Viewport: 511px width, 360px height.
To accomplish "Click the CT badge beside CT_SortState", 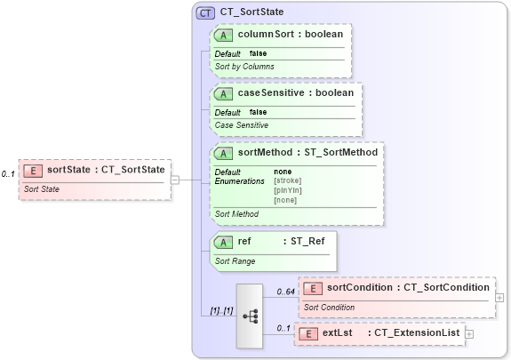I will tap(205, 12).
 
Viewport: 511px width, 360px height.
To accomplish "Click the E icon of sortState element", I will tap(33, 170).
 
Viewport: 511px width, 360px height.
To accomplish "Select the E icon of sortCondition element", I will tap(313, 287).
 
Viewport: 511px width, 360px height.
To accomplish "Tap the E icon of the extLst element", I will tap(307, 332).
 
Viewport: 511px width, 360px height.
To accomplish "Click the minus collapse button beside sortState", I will tap(176, 179).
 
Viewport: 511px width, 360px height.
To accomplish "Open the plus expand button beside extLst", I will tap(469, 333).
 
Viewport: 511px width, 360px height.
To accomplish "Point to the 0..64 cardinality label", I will tap(284, 292).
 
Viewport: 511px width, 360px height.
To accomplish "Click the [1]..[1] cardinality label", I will tap(216, 310).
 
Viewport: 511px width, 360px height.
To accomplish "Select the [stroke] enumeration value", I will tap(289, 180).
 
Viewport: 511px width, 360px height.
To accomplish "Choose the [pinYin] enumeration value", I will tap(288, 189).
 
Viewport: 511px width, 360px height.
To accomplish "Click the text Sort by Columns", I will tap(244, 67).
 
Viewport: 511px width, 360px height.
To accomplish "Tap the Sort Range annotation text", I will tap(236, 261).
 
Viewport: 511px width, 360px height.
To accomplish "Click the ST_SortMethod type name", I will tap(342, 152).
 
